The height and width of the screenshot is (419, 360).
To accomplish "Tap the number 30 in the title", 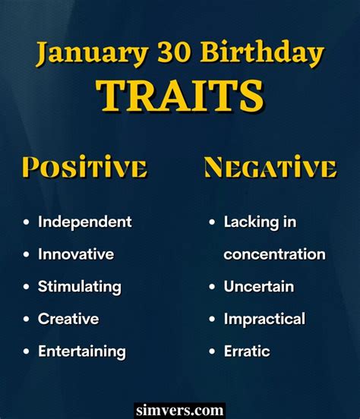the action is pos(174,52).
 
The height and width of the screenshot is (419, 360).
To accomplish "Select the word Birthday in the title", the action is pos(262,53).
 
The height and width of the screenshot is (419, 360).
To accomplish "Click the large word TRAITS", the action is pos(180,96).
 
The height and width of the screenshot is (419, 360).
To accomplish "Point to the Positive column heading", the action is pos(84,167).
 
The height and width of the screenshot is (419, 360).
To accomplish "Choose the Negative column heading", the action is pos(270,167).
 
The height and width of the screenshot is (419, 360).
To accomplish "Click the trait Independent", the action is pos(85,222).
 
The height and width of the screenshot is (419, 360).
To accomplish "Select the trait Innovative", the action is pos(76,254).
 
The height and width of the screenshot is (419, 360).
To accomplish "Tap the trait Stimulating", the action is pos(80,287).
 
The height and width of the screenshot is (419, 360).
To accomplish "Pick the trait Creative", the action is pos(68,319).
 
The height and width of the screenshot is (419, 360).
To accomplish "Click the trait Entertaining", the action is pos(82,351).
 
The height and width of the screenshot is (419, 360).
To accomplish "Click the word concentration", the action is pos(275,254).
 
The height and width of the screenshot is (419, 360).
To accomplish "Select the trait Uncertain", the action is pos(259,286).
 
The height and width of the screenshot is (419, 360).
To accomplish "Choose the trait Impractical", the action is pos(264,320).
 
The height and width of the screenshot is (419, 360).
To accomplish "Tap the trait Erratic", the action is pos(247,351).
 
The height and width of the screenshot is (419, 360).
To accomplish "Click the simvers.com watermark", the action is pos(179,410).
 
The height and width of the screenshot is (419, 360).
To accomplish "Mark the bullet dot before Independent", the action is pos(27,222).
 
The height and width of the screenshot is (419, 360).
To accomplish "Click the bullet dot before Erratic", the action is pos(212,351).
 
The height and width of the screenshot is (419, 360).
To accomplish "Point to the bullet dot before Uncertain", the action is pos(212,287).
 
